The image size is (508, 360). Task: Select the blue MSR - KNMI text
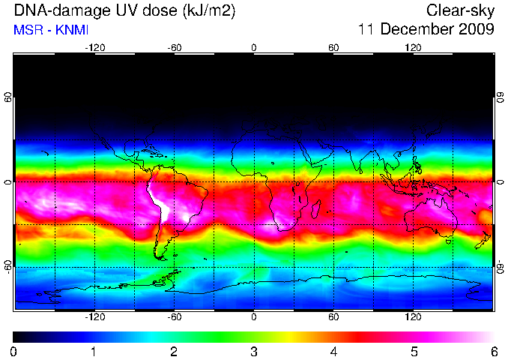click(x=51, y=30)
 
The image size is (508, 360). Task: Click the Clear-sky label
click(x=460, y=10)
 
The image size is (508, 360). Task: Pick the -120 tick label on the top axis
click(x=95, y=48)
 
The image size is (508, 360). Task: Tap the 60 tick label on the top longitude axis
click(x=333, y=48)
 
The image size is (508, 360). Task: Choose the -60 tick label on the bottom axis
click(x=175, y=316)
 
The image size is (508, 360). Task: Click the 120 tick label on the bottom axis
click(x=413, y=316)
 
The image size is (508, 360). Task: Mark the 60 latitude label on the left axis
click(x=7, y=97)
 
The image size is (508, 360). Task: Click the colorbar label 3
click(x=254, y=352)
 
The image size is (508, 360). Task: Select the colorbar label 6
click(x=494, y=352)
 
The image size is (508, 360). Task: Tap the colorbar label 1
click(x=94, y=352)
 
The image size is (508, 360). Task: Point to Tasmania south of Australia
click(x=449, y=241)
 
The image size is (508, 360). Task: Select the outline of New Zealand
click(x=483, y=240)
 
